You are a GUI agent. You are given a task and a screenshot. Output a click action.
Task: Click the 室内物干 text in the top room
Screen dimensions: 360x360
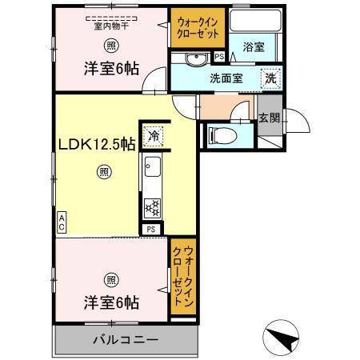(x=111, y=25)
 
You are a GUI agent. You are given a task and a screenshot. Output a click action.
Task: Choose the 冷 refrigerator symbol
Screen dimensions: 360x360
(x=152, y=136)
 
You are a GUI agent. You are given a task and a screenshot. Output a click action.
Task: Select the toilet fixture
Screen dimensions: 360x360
(x=218, y=136)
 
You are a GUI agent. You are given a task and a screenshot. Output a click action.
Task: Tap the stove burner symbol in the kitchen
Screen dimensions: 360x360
(x=151, y=207)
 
